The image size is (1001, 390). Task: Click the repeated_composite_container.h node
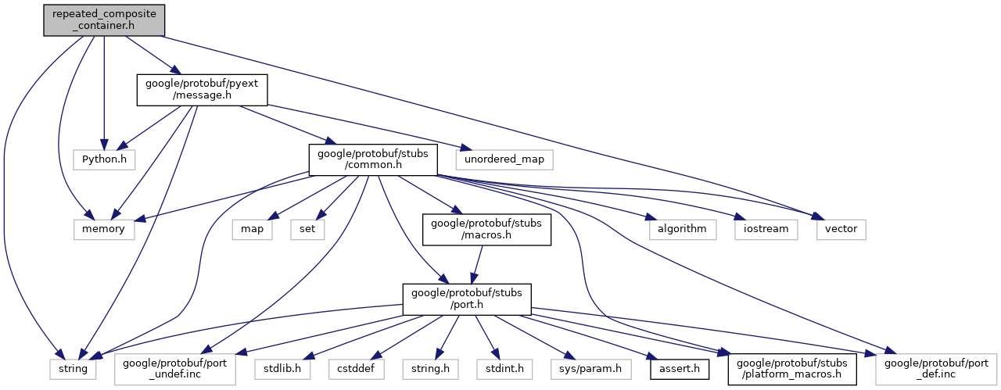(104, 18)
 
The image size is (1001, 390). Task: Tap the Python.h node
(104, 159)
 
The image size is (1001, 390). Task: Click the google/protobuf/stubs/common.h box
(371, 159)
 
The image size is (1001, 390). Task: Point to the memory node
(104, 229)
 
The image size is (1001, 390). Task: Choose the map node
(252, 229)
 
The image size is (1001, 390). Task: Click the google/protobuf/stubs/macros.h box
(486, 229)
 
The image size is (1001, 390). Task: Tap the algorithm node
(683, 229)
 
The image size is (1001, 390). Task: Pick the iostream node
(766, 229)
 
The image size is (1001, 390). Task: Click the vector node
(841, 229)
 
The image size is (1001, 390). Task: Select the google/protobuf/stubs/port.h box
(467, 299)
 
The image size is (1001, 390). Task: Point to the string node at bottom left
(74, 366)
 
